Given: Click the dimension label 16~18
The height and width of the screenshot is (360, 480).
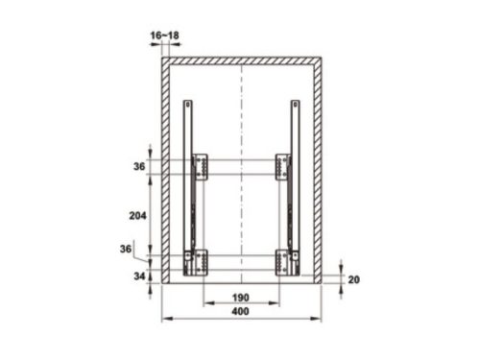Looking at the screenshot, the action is click(164, 36).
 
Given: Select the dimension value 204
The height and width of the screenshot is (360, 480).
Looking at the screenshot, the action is click(137, 216).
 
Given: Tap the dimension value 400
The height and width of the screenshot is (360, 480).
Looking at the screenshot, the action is click(241, 311).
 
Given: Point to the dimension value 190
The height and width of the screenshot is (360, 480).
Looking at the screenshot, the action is click(241, 298).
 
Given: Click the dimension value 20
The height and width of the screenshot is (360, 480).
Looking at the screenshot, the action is click(354, 279).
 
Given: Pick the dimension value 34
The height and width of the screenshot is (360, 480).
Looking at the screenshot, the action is click(139, 276).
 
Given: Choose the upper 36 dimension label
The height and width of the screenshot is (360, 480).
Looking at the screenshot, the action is click(139, 166).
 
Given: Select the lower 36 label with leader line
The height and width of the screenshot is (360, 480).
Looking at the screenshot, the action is click(126, 249).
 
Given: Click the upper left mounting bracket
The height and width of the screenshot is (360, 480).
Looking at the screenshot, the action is click(200, 167).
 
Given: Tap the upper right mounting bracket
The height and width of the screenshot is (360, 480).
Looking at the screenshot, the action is click(283, 167).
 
